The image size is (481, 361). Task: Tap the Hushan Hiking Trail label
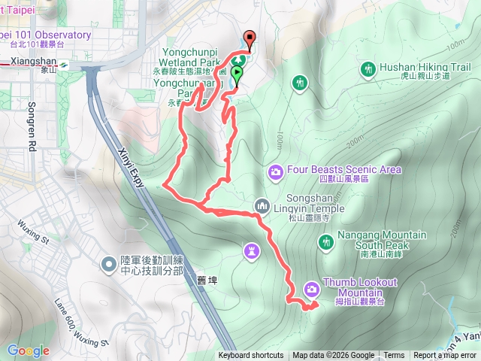(425, 67)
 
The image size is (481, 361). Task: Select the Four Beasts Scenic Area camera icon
(276, 173)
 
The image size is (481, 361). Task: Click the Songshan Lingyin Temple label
(308, 208)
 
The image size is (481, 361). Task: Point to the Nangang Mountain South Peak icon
(326, 241)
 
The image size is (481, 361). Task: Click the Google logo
(28, 350)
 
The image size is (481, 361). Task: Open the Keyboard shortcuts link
(251, 356)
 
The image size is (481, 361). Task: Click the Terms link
(394, 356)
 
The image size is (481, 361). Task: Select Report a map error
(444, 356)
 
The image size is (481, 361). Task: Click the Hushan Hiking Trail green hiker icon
(368, 70)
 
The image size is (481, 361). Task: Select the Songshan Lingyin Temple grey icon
(262, 204)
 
